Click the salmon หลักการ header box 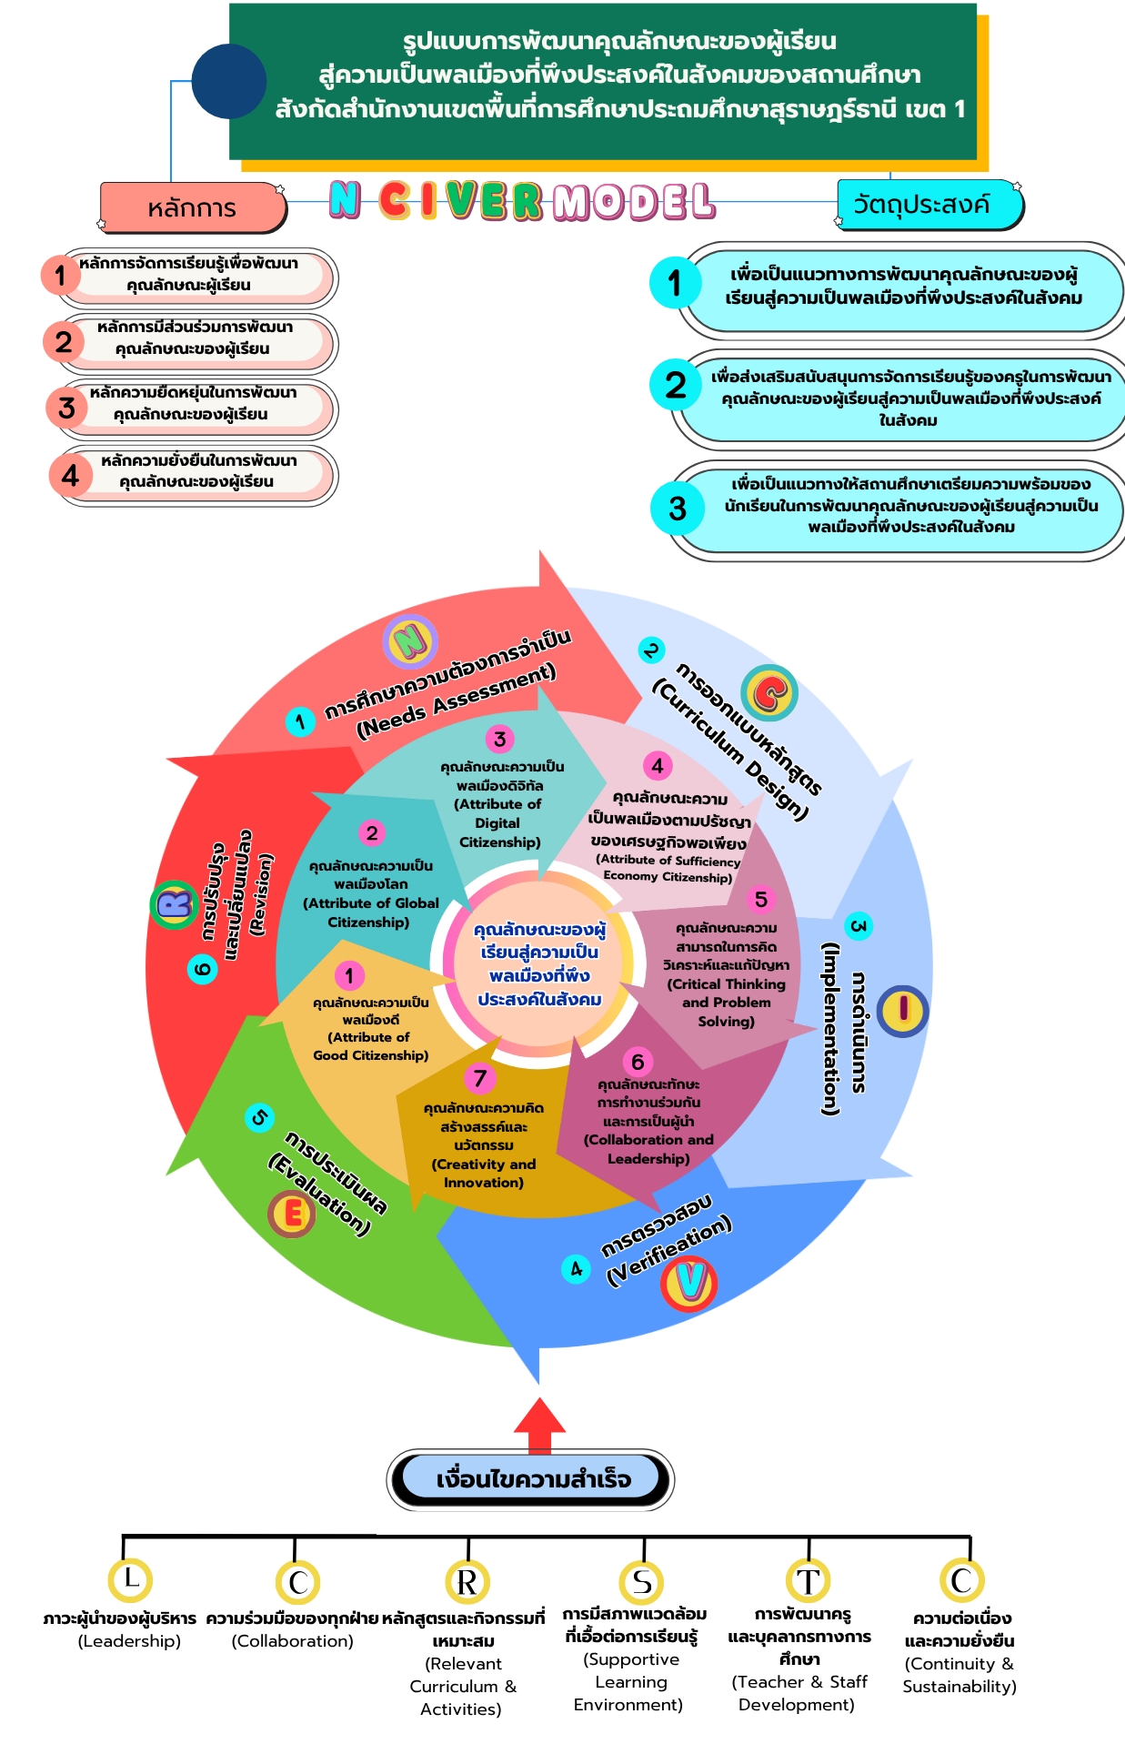point(192,207)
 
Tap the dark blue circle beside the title point(228,81)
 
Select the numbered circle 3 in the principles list point(66,407)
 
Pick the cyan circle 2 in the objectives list point(675,385)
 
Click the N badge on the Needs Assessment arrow point(410,641)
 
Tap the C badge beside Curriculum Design point(769,693)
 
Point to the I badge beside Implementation point(903,1010)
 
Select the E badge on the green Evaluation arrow point(292,1213)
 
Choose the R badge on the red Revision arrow point(174,904)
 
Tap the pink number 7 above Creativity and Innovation point(480,1078)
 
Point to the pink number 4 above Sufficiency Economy point(657,765)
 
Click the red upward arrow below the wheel point(539,1424)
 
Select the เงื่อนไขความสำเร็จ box point(531,1479)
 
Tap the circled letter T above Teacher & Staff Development point(808,1581)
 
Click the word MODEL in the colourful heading point(633,201)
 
